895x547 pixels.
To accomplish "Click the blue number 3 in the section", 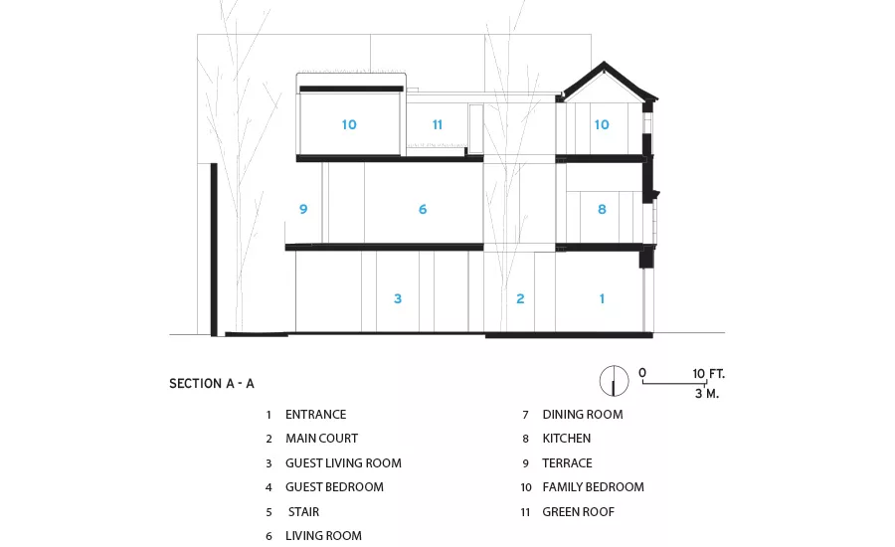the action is pyautogui.click(x=398, y=298).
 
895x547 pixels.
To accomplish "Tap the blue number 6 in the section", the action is pyautogui.click(x=423, y=210).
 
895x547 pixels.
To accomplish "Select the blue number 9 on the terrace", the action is pyautogui.click(x=303, y=210).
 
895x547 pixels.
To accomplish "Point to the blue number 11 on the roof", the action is pyautogui.click(x=438, y=124).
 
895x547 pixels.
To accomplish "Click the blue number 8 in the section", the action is pyautogui.click(x=602, y=210).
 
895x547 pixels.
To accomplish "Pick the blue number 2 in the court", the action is pyautogui.click(x=520, y=298).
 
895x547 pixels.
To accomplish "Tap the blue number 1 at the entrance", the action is pyautogui.click(x=602, y=298).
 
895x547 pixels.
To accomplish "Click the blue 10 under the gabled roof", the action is pyautogui.click(x=602, y=124).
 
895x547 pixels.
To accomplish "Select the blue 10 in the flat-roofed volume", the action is pyautogui.click(x=349, y=124).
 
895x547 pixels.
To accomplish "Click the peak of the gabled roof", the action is pyautogui.click(x=604, y=62).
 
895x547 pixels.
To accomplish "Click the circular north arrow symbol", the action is pyautogui.click(x=615, y=381).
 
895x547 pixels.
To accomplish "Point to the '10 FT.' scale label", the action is pyautogui.click(x=708, y=374).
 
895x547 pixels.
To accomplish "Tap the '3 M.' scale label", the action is pyautogui.click(x=707, y=394).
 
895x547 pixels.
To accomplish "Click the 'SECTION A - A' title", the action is pyautogui.click(x=212, y=384).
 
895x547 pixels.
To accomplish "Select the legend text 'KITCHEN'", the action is pyautogui.click(x=566, y=439).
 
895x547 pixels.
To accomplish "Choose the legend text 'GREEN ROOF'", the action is pyautogui.click(x=578, y=512).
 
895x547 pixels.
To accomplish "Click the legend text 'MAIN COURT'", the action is pyautogui.click(x=321, y=439).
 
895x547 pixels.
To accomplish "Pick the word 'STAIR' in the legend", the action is pyautogui.click(x=303, y=512).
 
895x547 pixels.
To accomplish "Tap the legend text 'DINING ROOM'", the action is pyautogui.click(x=582, y=415).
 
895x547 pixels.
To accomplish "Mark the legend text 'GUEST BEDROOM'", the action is pyautogui.click(x=334, y=487).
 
